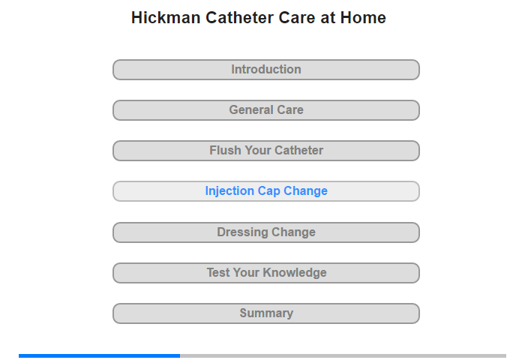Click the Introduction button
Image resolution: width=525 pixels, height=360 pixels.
pyautogui.click(x=265, y=70)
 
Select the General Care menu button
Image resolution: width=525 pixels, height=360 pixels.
pyautogui.click(x=265, y=110)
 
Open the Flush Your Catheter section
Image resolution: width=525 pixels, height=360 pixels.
pyautogui.click(x=265, y=151)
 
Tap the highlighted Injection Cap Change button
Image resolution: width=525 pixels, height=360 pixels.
pyautogui.click(x=265, y=191)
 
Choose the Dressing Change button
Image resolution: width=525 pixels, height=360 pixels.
pyautogui.click(x=265, y=232)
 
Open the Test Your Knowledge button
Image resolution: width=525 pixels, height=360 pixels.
pyautogui.click(x=265, y=273)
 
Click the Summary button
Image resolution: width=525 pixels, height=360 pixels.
pyautogui.click(x=265, y=313)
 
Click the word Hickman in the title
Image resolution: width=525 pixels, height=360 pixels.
pyautogui.click(x=166, y=18)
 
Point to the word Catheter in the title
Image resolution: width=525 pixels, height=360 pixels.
pyautogui.click(x=240, y=18)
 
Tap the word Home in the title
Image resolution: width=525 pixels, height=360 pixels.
pyautogui.click(x=363, y=18)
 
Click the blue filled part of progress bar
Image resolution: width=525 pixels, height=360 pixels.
pyautogui.click(x=99, y=355)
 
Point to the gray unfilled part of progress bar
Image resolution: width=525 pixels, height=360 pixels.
pyautogui.click(x=343, y=355)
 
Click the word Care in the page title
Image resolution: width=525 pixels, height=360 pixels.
pyautogui.click(x=297, y=18)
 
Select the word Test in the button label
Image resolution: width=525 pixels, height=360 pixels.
pyautogui.click(x=218, y=272)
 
